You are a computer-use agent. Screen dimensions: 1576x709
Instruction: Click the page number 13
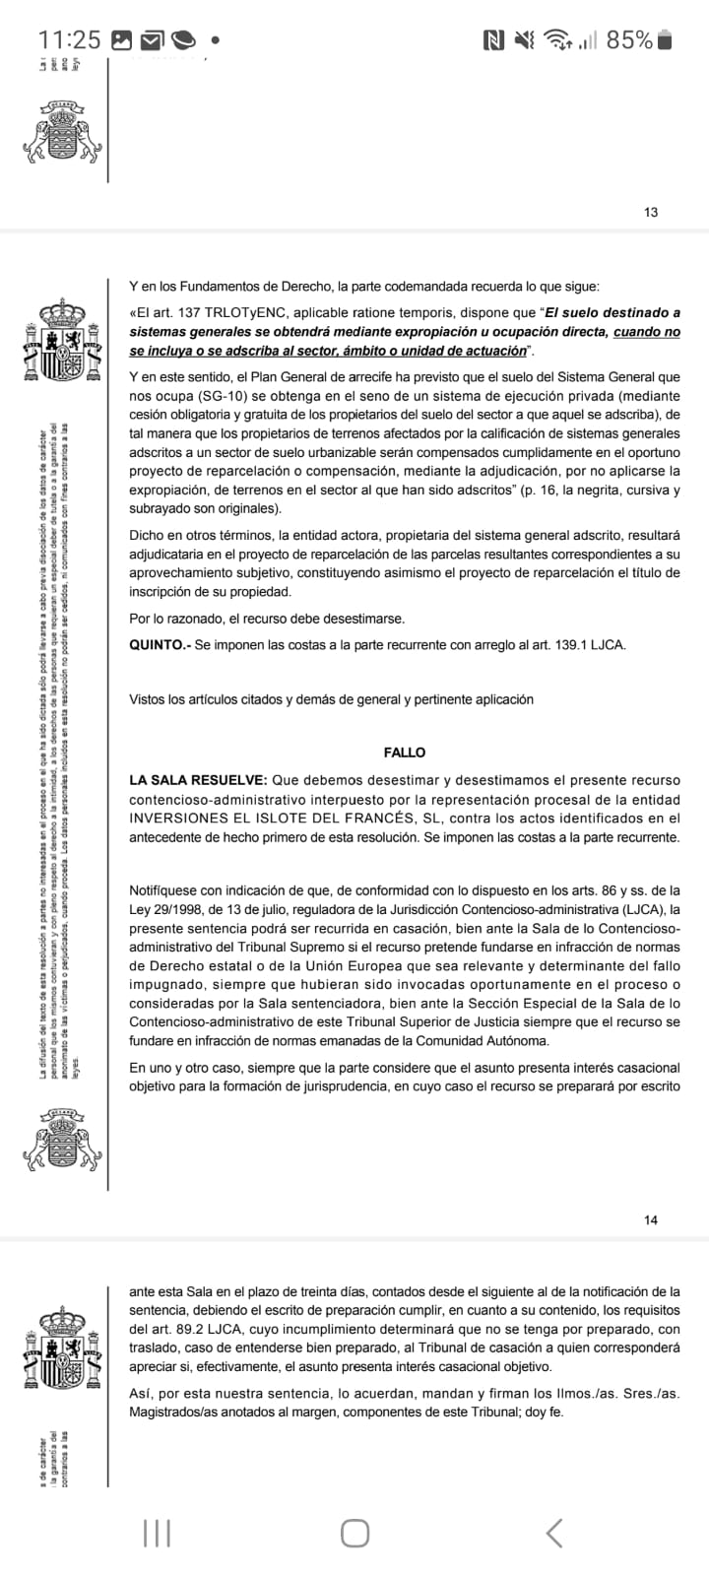[x=650, y=212]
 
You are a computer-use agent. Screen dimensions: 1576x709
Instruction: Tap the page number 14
[x=650, y=1219]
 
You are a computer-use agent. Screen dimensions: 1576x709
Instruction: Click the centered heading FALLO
[x=405, y=753]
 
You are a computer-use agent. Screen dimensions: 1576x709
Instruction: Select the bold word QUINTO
[x=159, y=645]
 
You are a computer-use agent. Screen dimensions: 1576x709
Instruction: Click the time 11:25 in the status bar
[x=69, y=39]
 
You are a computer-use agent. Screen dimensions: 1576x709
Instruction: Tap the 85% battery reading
[x=629, y=39]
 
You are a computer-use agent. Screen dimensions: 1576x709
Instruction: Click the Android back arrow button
[x=554, y=1533]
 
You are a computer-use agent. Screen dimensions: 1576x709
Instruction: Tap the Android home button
[x=354, y=1533]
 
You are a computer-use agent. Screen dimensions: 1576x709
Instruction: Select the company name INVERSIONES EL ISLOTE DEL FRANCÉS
[x=286, y=818]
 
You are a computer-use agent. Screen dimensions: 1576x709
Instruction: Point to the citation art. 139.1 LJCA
[x=580, y=645]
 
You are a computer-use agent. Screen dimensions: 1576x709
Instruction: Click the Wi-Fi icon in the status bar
[x=558, y=39]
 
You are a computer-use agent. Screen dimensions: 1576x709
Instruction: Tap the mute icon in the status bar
[x=525, y=39]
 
